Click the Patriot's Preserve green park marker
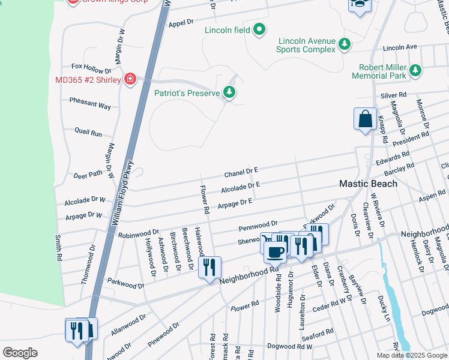click(x=229, y=92)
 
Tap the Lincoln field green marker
click(x=259, y=29)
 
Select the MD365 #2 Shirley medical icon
click(x=130, y=80)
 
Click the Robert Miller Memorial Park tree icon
click(x=415, y=73)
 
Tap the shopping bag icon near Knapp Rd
click(x=365, y=119)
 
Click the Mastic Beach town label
click(x=369, y=184)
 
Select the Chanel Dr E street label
click(x=241, y=173)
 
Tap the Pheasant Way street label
click(x=90, y=104)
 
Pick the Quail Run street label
click(x=88, y=132)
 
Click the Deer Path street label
click(x=88, y=175)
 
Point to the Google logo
click(x=20, y=353)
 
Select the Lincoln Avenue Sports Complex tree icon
click(x=345, y=44)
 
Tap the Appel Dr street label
click(x=181, y=23)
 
